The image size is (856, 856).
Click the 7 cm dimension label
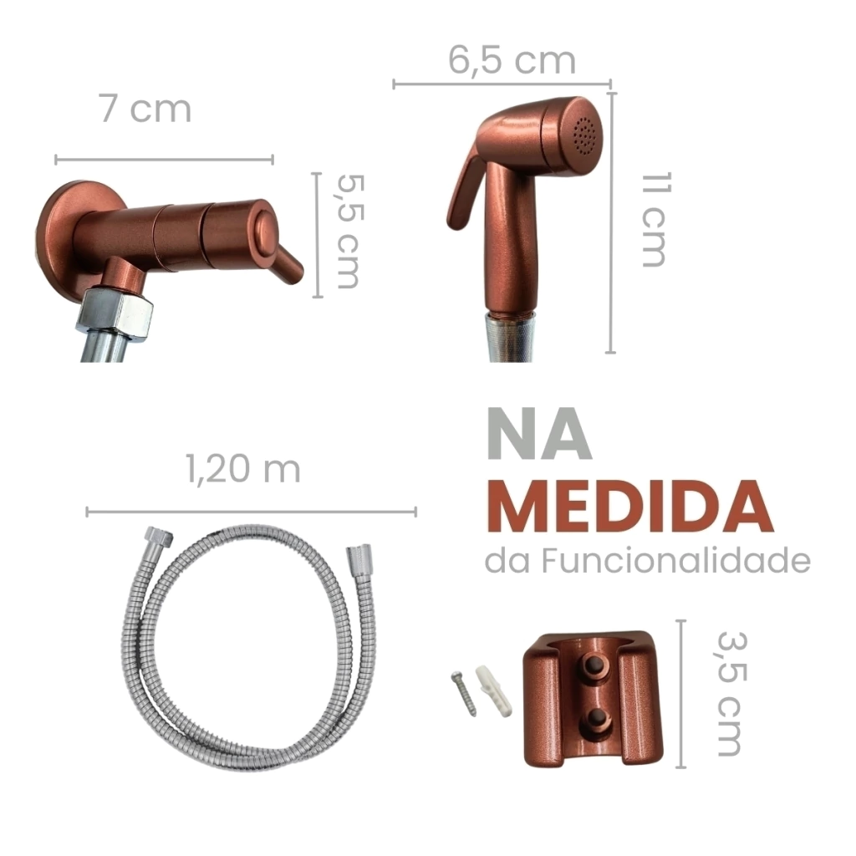point(145,109)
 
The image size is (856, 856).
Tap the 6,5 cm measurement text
point(512,60)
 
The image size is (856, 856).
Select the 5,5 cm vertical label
point(347,231)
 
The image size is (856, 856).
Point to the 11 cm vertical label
point(653,220)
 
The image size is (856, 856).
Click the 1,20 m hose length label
point(243,469)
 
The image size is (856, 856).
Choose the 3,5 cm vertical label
point(729,693)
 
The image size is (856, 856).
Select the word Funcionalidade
point(675,561)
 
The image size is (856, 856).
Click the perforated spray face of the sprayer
point(584,135)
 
